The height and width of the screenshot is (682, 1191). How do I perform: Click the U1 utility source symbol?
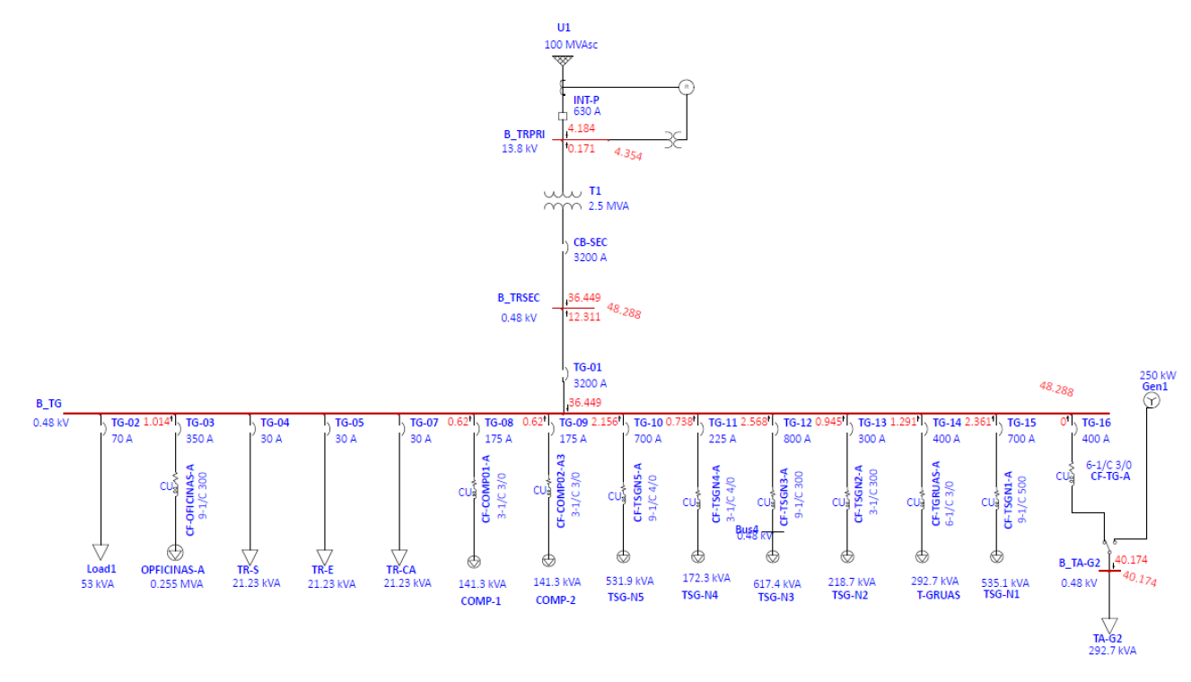click(x=563, y=61)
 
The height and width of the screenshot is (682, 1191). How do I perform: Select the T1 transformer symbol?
click(x=563, y=200)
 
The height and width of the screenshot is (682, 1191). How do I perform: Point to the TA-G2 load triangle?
click(x=1109, y=625)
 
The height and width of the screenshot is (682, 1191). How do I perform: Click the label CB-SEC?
click(x=589, y=242)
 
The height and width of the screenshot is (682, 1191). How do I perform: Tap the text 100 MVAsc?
click(x=571, y=44)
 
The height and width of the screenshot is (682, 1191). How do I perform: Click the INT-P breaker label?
click(x=587, y=100)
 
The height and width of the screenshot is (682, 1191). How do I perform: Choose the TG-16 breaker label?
click(x=1096, y=423)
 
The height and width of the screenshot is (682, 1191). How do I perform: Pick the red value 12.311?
click(x=584, y=316)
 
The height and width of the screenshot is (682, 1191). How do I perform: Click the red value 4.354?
click(x=628, y=154)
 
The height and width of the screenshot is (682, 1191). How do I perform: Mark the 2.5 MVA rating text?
click(x=609, y=206)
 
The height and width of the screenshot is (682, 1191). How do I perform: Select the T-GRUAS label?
click(x=938, y=595)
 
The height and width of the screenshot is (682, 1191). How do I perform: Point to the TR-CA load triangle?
click(x=399, y=555)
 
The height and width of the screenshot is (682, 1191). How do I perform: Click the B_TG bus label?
click(x=48, y=405)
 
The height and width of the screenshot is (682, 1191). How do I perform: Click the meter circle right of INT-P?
click(x=687, y=87)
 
